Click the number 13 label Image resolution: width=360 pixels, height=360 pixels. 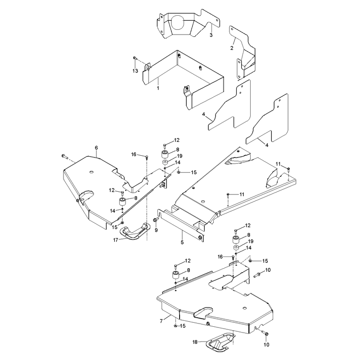click(135, 71)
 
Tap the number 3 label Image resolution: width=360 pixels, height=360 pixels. click(211, 36)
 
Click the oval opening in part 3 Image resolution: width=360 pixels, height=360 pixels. click(178, 22)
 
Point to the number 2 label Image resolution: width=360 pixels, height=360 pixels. click(232, 48)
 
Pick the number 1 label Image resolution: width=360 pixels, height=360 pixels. click(158, 88)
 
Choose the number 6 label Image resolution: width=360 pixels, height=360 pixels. click(96, 148)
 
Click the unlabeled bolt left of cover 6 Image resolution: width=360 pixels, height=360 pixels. click(64, 157)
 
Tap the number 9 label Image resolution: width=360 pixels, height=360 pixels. click(156, 230)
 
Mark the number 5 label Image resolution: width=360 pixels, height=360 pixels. click(182, 243)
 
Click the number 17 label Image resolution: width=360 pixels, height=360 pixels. click(116, 240)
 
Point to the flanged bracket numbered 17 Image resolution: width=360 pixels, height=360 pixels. click(135, 231)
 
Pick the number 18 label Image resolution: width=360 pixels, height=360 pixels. click(195, 342)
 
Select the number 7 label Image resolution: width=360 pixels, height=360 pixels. click(162, 321)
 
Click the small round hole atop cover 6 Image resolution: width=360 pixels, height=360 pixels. click(91, 172)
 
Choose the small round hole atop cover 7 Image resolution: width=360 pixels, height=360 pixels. click(245, 308)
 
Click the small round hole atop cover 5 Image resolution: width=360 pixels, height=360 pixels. click(203, 202)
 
